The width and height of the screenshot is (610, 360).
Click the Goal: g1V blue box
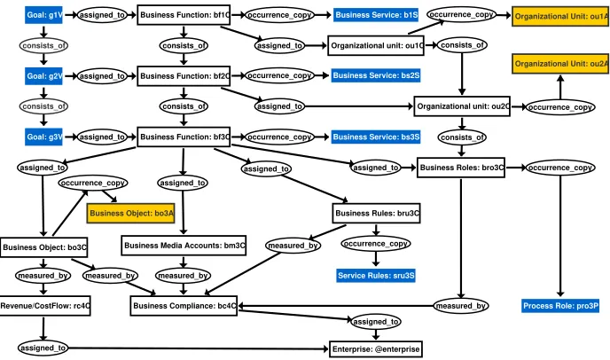point(43,15)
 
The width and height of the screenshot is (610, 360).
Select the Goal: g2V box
point(43,76)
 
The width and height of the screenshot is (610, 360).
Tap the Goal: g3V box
point(43,137)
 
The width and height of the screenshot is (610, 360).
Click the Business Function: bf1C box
point(184,15)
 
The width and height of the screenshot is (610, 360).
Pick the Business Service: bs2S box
point(376,75)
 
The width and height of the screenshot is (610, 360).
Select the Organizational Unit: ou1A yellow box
point(560,16)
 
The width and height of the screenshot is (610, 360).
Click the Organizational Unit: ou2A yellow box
point(560,64)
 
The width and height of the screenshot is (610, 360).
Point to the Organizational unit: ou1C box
point(376,45)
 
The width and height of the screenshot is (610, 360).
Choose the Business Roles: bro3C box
point(461,168)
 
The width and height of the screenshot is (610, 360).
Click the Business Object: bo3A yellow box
point(130,214)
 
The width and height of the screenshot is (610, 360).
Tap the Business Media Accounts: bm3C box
point(184,246)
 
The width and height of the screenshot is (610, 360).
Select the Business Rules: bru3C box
point(376,214)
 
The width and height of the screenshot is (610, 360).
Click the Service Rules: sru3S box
point(376,276)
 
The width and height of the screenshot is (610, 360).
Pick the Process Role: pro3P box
point(560,306)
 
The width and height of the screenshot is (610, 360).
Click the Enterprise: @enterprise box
point(376,349)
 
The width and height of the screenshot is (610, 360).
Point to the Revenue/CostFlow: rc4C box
point(44,306)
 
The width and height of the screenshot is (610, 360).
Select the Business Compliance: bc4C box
point(184,306)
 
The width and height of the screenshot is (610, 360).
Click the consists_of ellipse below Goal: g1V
point(43,45)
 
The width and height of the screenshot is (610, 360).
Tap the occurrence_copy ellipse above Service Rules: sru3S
point(376,244)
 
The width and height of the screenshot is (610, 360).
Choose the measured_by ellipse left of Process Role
point(461,306)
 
